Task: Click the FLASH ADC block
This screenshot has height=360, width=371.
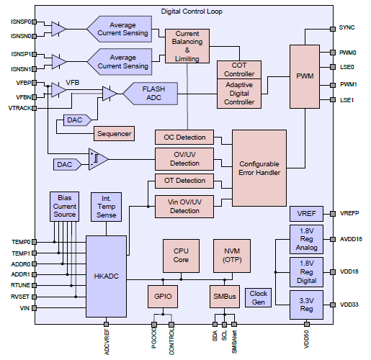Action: point(151,94)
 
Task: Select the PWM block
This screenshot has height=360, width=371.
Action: point(305,76)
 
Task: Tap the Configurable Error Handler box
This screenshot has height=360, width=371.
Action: point(259,168)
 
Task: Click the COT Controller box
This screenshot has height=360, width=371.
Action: point(239,70)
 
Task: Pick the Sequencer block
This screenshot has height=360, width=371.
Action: point(114,133)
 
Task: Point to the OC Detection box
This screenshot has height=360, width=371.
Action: point(184,138)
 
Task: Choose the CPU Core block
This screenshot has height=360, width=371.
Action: point(181,256)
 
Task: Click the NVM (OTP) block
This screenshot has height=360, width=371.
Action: point(232,256)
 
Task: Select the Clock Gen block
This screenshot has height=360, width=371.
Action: point(258,297)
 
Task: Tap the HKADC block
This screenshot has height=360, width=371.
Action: point(106,276)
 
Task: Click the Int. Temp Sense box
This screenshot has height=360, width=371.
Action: point(106,207)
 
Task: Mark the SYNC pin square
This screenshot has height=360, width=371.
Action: point(333,29)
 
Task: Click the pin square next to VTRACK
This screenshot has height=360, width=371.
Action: point(35,108)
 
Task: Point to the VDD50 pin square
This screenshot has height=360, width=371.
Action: point(307,324)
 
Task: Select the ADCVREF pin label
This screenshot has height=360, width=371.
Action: point(107,342)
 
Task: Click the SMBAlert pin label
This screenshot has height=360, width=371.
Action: point(234,341)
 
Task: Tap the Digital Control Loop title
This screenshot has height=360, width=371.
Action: point(192,12)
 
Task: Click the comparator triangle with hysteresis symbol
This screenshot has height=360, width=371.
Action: point(98,159)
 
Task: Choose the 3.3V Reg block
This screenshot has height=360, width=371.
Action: point(306,305)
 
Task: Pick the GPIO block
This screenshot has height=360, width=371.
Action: point(163,297)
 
